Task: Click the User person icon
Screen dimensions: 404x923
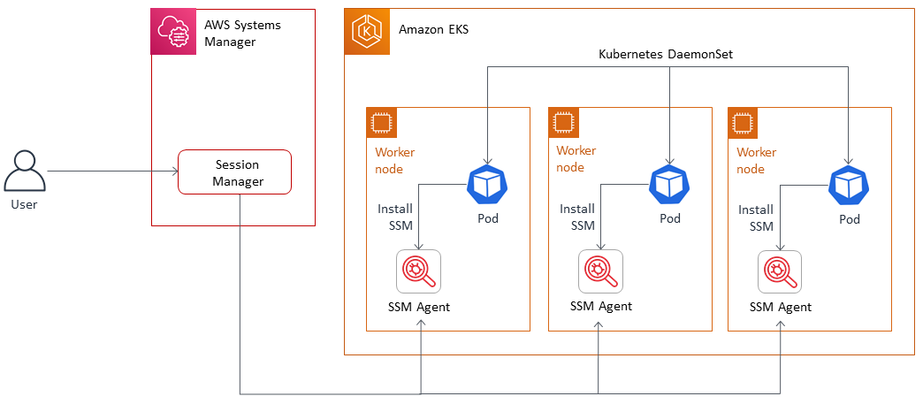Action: [25, 172]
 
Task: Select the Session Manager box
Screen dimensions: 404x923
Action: [234, 172]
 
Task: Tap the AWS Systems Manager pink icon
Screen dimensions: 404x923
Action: [172, 32]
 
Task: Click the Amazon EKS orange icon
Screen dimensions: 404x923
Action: [367, 32]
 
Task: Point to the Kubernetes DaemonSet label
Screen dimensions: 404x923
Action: [666, 55]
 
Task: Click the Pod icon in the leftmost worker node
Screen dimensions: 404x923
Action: [486, 184]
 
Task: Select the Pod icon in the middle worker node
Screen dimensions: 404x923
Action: [669, 184]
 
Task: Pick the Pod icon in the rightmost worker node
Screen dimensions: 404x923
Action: [849, 184]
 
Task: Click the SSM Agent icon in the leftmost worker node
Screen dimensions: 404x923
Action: [419, 271]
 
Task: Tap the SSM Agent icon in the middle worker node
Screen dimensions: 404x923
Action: [601, 271]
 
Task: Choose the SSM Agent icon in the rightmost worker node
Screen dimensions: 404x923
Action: [781, 271]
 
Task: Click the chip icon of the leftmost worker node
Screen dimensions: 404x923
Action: [382, 123]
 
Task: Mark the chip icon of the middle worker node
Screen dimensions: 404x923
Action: [563, 123]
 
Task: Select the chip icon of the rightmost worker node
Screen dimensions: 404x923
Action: [743, 123]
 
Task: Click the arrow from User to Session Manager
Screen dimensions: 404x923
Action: [111, 172]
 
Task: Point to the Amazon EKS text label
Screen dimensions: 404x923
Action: [434, 29]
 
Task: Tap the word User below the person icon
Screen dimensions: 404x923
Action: [25, 205]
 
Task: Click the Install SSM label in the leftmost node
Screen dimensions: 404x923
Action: [395, 217]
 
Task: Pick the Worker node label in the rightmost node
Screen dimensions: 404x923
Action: [757, 160]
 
